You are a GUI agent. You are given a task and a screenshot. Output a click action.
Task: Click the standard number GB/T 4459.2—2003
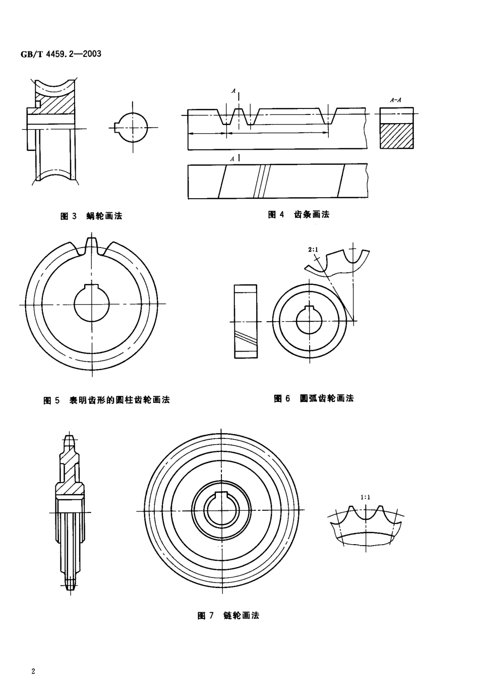[60, 53]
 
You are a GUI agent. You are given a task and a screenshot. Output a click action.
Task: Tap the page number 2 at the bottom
[33, 671]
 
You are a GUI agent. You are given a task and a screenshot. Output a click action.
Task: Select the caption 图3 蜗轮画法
[91, 216]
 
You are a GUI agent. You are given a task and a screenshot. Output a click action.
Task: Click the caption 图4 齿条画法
[298, 214]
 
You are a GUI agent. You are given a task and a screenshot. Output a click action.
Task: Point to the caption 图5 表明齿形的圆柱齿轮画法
[107, 400]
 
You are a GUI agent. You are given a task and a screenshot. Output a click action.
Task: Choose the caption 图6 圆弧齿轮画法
[314, 398]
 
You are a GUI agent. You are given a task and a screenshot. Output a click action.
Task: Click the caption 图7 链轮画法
[228, 615]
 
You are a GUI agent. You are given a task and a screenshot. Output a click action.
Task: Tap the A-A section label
[396, 100]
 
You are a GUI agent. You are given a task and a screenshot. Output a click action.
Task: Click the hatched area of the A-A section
[396, 136]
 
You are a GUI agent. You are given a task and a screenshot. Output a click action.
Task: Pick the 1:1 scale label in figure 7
[366, 497]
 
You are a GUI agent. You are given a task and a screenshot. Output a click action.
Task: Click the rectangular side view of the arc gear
[245, 321]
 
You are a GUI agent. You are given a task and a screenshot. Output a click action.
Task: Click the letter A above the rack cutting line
[233, 91]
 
